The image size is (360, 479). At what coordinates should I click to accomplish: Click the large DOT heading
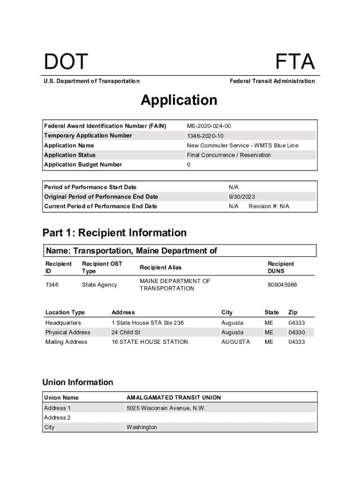click(65, 62)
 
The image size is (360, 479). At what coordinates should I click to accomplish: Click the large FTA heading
click(295, 62)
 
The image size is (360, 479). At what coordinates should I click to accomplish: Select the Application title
click(179, 100)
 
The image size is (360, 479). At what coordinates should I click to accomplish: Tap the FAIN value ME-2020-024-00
click(209, 126)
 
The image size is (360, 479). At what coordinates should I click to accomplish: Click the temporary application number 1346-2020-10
click(205, 136)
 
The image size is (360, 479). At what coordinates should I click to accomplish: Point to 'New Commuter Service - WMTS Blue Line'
click(242, 145)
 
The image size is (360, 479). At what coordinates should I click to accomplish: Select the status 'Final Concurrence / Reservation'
click(229, 155)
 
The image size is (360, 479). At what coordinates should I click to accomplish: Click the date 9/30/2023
click(242, 197)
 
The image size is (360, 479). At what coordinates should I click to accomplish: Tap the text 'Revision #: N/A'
click(269, 206)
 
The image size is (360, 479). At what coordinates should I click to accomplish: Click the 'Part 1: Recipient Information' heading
click(115, 233)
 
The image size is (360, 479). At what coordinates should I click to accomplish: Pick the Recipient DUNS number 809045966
click(282, 285)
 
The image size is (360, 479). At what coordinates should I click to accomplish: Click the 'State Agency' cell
click(99, 285)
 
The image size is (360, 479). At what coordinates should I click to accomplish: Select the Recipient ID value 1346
click(52, 285)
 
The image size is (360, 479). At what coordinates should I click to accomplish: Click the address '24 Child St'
click(125, 333)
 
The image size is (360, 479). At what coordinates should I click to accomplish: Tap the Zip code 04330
click(296, 333)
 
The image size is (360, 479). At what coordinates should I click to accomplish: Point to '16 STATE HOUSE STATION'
click(150, 342)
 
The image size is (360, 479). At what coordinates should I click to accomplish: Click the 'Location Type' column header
click(65, 312)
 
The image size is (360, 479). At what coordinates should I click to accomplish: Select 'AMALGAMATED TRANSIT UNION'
click(173, 398)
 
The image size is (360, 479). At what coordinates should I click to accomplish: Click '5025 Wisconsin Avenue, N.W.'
click(166, 408)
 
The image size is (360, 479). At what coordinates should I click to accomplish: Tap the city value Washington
click(142, 427)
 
